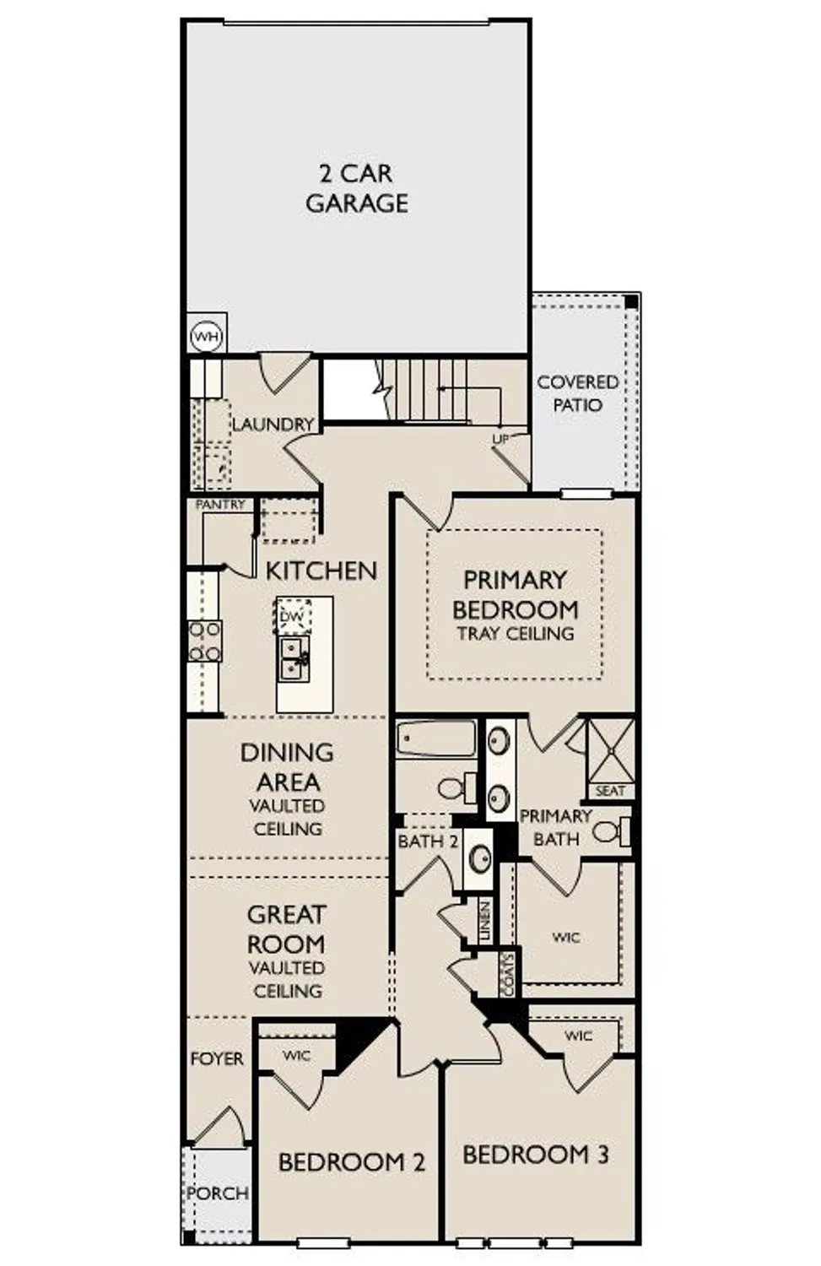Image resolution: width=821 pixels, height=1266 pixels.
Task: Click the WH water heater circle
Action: [x=206, y=338]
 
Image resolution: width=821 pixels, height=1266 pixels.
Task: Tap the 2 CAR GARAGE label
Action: [x=356, y=188]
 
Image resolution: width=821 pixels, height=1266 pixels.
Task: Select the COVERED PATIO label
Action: [x=578, y=393]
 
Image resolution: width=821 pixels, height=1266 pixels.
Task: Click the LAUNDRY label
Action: [x=273, y=425]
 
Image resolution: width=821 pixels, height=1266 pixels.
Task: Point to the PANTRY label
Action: [x=220, y=505]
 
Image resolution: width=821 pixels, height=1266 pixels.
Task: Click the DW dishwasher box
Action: [x=292, y=617]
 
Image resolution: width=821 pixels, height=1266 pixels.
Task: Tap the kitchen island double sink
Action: [x=294, y=657]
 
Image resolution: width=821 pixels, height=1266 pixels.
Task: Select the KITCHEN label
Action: [x=321, y=571]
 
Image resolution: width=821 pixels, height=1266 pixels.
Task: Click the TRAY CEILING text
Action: [x=515, y=634]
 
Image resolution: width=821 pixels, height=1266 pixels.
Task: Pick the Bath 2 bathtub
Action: [x=436, y=738]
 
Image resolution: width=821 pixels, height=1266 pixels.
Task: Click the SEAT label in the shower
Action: [x=610, y=791]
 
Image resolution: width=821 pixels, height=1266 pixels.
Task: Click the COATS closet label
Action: [x=507, y=975]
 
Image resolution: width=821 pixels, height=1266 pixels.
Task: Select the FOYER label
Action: [x=217, y=1058]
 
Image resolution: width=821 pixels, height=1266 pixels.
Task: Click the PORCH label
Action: [x=218, y=1193]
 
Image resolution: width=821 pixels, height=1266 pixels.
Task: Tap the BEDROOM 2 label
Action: [x=351, y=1162]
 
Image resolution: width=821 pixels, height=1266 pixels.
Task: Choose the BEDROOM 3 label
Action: [x=535, y=1154]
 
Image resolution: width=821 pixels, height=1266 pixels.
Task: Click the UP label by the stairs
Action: [x=500, y=439]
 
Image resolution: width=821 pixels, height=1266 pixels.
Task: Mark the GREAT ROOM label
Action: [x=286, y=929]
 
